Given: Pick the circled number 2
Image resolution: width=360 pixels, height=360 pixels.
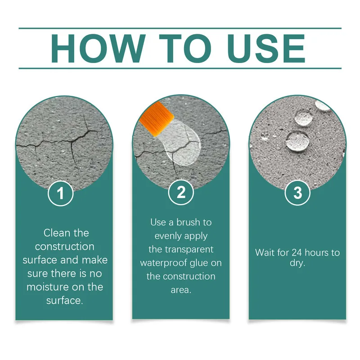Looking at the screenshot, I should tap(181, 193).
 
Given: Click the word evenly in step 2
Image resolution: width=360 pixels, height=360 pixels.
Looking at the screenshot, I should tap(168, 236).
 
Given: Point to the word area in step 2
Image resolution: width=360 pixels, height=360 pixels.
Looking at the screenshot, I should tap(181, 290).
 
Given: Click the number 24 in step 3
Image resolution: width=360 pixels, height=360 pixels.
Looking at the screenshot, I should tap(296, 252).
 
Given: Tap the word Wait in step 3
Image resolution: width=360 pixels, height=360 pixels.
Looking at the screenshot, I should tap(265, 252).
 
